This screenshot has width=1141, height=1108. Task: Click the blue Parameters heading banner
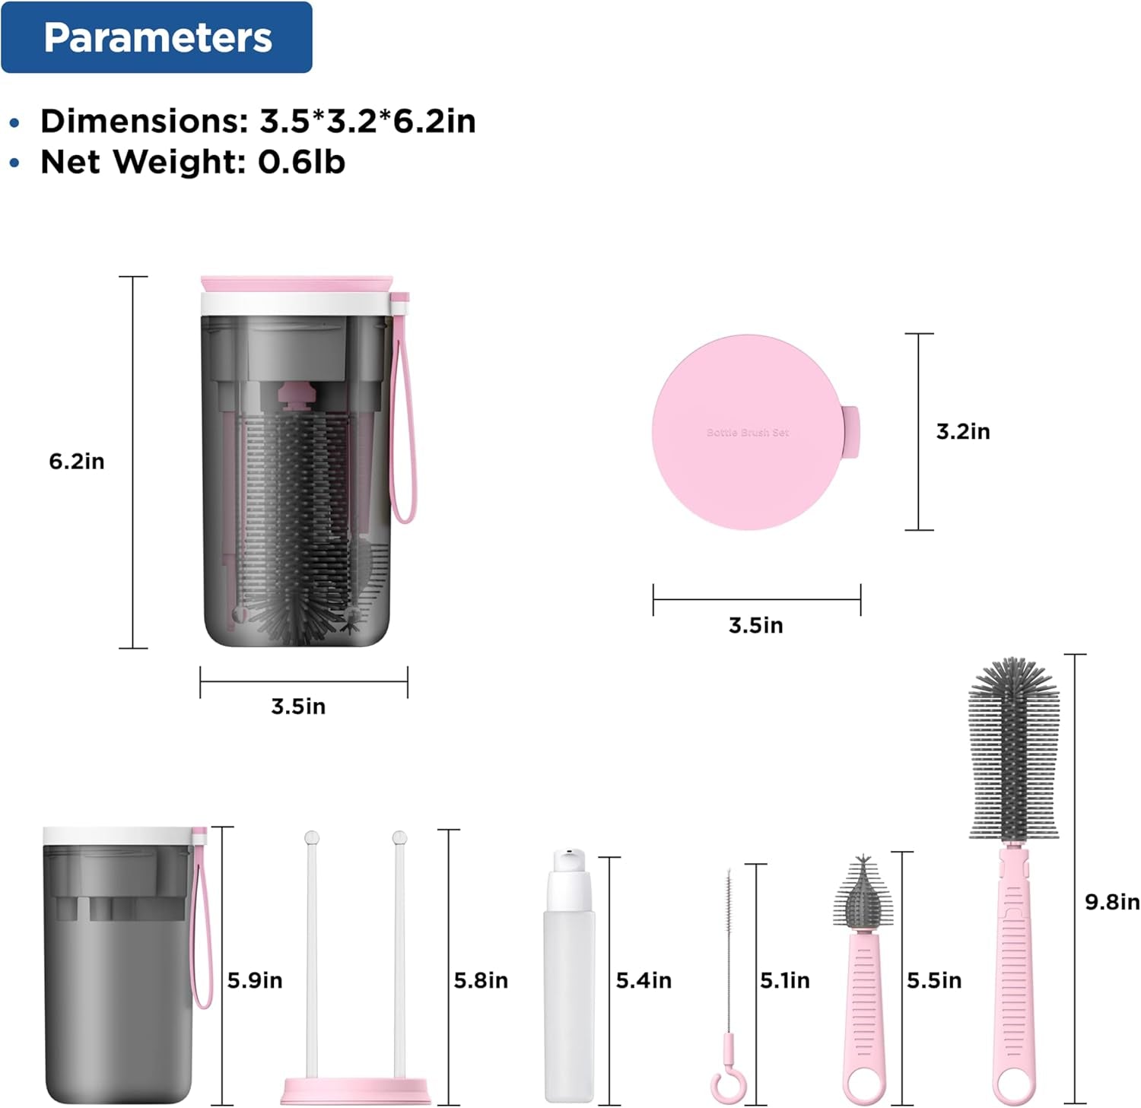[x=157, y=37]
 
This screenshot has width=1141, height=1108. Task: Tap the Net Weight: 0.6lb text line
[x=192, y=162]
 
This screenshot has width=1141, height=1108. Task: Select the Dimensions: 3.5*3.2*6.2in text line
[x=258, y=122]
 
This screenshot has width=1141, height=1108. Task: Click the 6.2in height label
[x=77, y=462]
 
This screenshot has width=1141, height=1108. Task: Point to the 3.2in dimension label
[x=963, y=432]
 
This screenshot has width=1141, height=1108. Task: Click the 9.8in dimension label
[x=1112, y=902]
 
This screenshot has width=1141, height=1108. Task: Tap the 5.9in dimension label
[x=255, y=981]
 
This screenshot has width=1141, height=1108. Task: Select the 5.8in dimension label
[x=481, y=981]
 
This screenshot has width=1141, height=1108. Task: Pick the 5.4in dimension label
[x=644, y=981]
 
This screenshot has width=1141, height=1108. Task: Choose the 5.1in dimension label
[x=785, y=981]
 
